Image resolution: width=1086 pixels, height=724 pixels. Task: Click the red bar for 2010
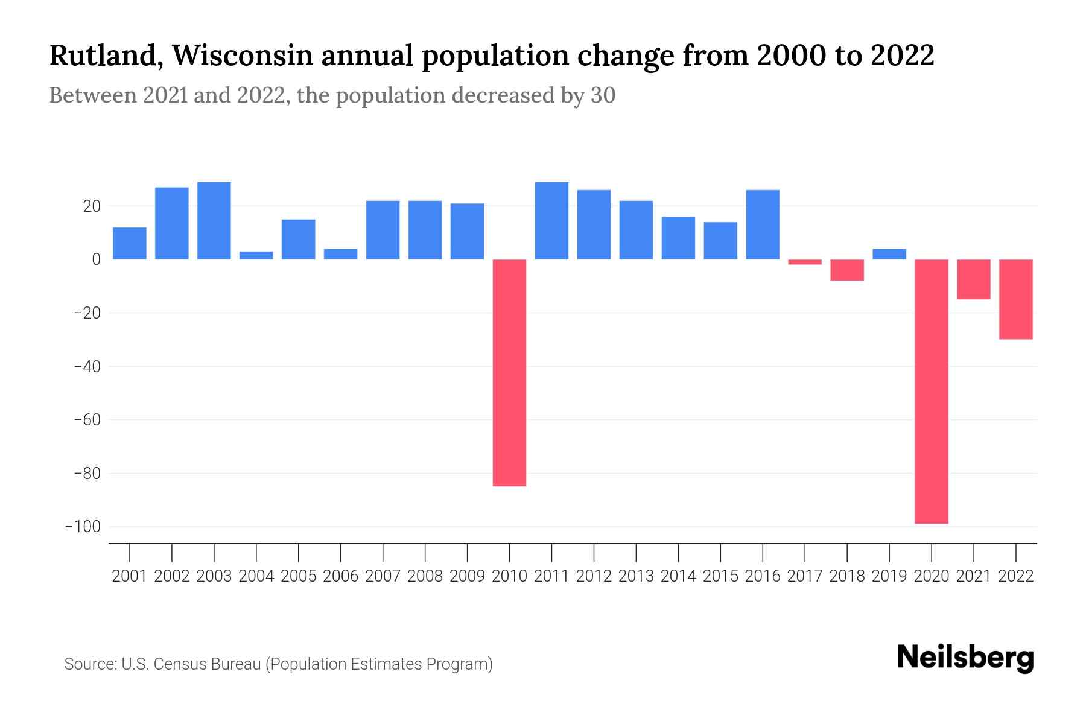509,372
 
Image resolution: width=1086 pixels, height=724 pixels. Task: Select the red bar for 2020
931,391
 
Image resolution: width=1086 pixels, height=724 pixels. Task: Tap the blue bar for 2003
214,221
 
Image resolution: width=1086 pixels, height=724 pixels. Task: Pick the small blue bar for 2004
256,255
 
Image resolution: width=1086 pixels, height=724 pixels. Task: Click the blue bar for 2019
889,254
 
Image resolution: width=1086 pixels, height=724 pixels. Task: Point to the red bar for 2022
1015,299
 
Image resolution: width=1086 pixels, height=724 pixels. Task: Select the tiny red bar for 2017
804,262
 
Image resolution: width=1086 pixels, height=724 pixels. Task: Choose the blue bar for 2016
763,224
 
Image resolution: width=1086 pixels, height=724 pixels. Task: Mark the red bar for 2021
973,279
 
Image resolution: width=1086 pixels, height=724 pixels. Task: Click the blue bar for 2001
130,243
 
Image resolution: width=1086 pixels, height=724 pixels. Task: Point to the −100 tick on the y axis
83,527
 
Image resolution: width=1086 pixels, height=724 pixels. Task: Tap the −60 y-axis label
86,420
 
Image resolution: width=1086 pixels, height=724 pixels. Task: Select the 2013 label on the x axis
636,576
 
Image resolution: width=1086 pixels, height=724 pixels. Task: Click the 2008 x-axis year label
425,576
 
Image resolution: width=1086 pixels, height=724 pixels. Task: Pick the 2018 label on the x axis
846,576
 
